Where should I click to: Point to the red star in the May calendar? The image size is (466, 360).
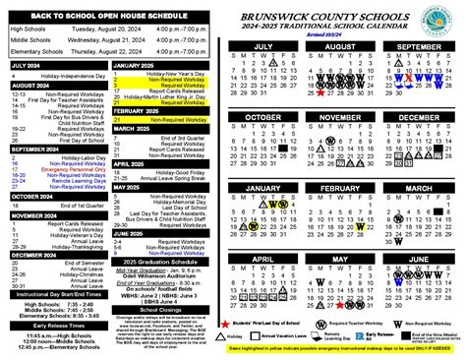click(x=320, y=305)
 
